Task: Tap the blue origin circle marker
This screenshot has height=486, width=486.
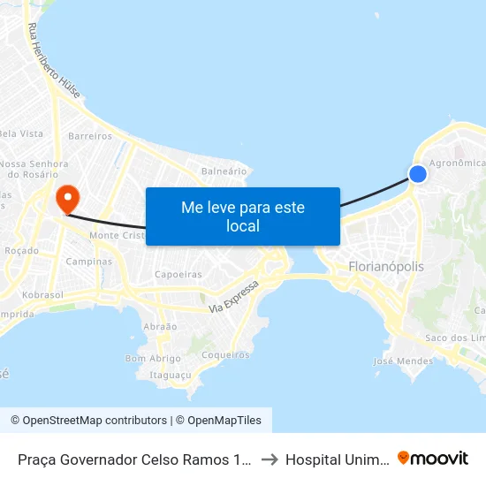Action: (418, 174)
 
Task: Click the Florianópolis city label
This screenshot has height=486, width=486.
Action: (386, 266)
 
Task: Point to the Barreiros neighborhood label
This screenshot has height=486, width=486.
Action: (90, 136)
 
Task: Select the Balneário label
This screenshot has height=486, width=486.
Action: (224, 171)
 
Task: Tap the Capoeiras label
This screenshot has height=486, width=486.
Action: (178, 275)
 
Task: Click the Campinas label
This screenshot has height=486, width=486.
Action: (89, 262)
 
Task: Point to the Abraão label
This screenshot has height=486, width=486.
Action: (160, 326)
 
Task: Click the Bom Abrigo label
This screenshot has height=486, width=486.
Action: (153, 358)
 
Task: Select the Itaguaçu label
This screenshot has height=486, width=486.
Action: (171, 375)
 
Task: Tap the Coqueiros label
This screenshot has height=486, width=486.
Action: (226, 354)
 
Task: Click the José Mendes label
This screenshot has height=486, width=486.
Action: (403, 361)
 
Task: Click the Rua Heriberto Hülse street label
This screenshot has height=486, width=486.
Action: (49, 62)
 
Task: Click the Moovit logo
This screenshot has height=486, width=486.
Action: (432, 458)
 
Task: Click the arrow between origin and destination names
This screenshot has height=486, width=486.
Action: (270, 459)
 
